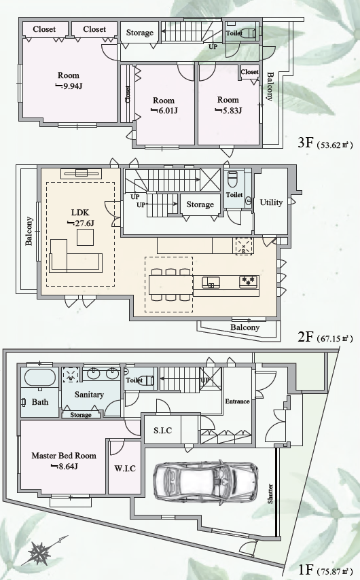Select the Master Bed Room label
(64, 456)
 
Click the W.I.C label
(125, 469)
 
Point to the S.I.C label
(163, 430)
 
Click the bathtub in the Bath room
(40, 378)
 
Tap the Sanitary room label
(89, 395)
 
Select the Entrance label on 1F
(237, 401)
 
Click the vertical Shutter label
(270, 494)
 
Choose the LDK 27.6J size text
(81, 223)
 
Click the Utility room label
(271, 202)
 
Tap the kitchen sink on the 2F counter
(211, 283)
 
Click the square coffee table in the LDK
(86, 237)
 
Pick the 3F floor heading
(306, 143)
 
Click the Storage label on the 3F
(139, 33)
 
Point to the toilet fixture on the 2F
(232, 180)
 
